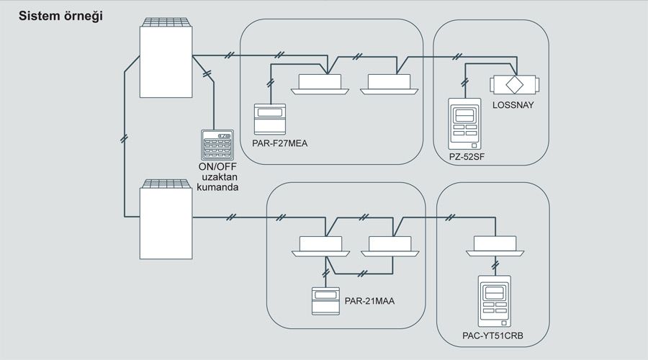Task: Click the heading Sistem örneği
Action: (x=60, y=16)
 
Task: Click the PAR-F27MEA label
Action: (x=281, y=143)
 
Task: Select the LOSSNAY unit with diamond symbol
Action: (x=514, y=82)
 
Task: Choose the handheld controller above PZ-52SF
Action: (x=464, y=122)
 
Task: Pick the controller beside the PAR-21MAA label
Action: (x=325, y=300)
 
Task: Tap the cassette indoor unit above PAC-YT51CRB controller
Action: (x=495, y=246)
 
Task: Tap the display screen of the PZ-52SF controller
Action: (x=464, y=114)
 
